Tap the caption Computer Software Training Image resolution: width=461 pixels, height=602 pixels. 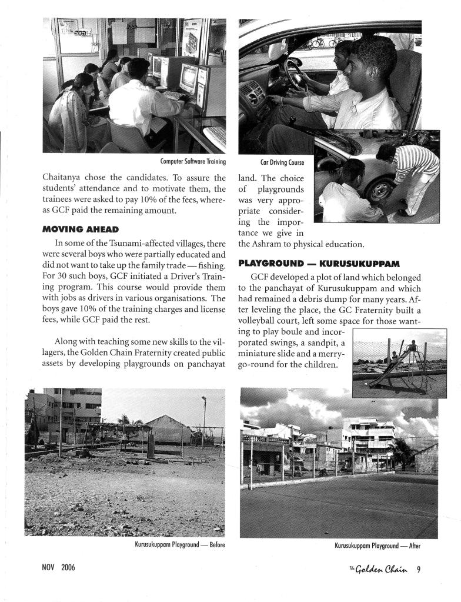(x=193, y=161)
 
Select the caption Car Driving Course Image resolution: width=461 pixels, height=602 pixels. (x=282, y=161)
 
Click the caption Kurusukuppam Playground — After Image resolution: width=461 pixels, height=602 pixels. (x=378, y=546)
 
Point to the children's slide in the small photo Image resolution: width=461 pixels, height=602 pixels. (x=385, y=368)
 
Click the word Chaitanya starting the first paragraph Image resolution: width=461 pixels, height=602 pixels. (x=64, y=178)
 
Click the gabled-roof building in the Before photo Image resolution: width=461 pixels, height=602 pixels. (x=167, y=430)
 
